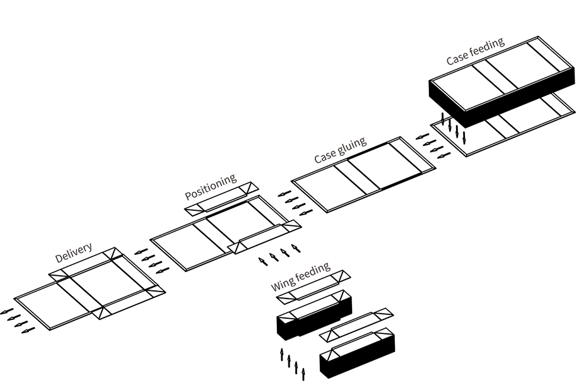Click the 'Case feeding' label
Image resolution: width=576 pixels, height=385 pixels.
click(x=475, y=52)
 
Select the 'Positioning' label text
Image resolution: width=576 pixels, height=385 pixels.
click(x=211, y=186)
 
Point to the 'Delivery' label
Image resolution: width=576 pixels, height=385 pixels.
click(x=74, y=252)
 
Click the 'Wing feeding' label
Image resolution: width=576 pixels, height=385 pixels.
click(x=300, y=277)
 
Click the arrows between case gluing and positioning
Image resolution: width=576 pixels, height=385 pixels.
click(x=289, y=200)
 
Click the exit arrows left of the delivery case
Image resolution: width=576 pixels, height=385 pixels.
click(x=16, y=320)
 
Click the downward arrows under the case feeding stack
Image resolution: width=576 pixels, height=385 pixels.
click(x=454, y=127)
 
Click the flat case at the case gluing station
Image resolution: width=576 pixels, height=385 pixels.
click(x=363, y=173)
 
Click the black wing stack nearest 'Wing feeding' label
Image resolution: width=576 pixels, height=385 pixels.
click(x=313, y=316)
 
